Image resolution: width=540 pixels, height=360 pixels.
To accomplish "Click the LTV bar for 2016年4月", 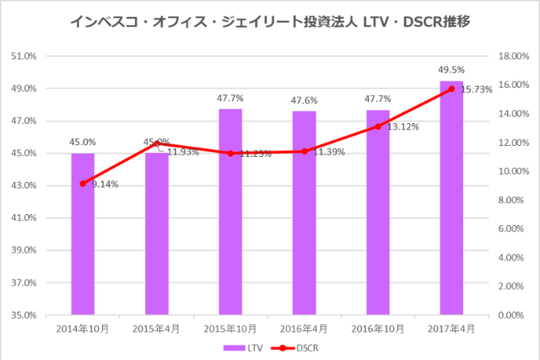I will coord(304,212).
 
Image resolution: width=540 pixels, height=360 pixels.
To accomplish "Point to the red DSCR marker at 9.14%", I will coord(83,183).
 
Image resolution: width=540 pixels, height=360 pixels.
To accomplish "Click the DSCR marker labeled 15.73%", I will coord(451,89).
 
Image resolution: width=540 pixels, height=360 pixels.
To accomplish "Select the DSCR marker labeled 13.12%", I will coord(378,126).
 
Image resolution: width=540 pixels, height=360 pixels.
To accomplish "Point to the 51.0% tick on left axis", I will coord(24,56).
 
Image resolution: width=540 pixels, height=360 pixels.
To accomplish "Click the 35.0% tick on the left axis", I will coord(24,315).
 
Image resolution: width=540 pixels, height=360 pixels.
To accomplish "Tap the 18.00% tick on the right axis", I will coord(513,56).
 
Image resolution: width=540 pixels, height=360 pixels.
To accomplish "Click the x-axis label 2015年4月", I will coord(156,328).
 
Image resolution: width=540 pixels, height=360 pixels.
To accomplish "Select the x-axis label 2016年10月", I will coord(378,328).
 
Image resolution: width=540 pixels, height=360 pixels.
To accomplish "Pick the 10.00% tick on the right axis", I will coord(513,171).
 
